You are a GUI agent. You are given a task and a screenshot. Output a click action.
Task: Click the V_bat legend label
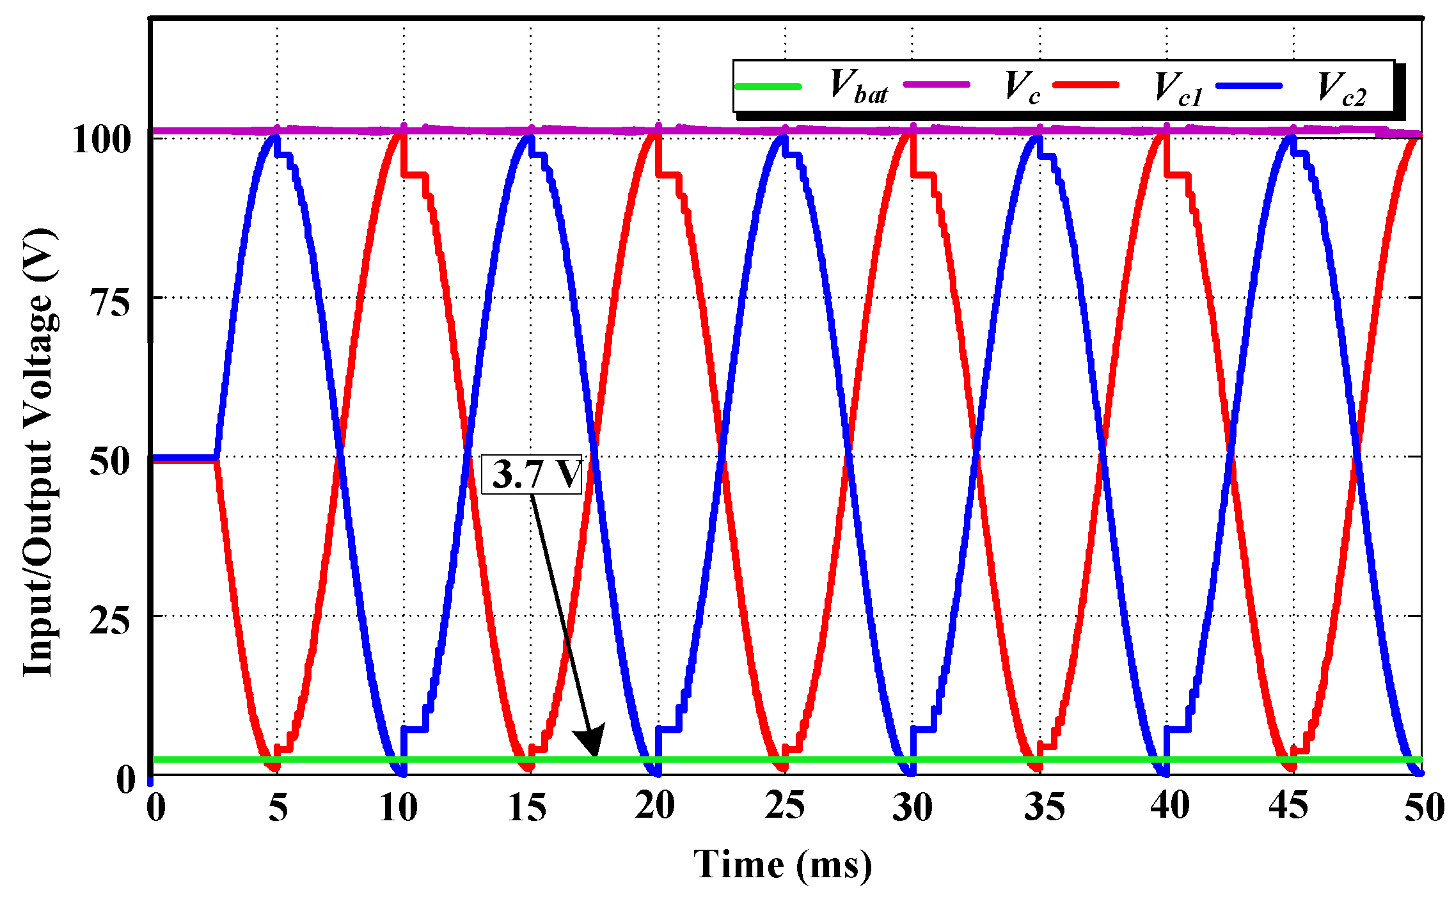tap(859, 87)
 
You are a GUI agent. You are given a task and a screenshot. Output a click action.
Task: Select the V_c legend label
tap(1022, 87)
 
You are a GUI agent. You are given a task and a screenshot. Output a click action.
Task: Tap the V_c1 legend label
tap(1178, 88)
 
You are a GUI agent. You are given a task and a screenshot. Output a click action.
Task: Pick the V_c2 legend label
tap(1341, 88)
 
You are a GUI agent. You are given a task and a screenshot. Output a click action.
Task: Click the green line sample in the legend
tap(768, 86)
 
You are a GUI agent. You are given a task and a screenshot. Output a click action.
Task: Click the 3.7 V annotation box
tap(532, 475)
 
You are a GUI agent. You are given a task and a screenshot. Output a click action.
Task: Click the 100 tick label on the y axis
tap(102, 139)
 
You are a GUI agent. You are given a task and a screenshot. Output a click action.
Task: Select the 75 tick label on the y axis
tap(111, 301)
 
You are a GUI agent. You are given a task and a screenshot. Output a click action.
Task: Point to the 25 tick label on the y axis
tap(111, 619)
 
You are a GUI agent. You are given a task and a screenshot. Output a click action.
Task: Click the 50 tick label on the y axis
tap(111, 461)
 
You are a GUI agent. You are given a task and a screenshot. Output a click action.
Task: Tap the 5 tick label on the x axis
tap(278, 808)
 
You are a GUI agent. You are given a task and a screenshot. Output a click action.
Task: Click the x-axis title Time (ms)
tap(783, 865)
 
